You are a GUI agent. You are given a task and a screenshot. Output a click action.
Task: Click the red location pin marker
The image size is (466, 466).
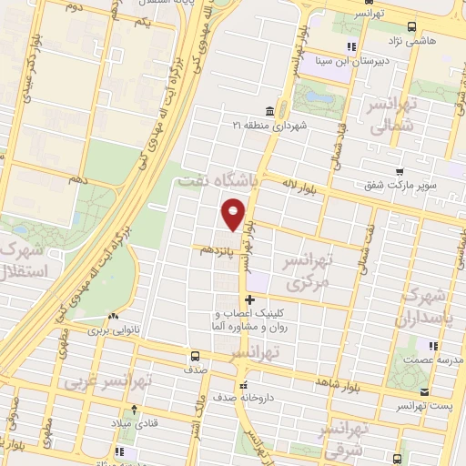234,215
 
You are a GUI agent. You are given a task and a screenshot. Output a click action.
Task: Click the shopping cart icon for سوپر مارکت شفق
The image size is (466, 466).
400,172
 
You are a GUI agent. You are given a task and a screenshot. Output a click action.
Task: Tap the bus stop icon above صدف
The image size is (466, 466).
195,356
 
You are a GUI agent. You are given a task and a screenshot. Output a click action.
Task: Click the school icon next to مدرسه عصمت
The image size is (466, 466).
433,346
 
